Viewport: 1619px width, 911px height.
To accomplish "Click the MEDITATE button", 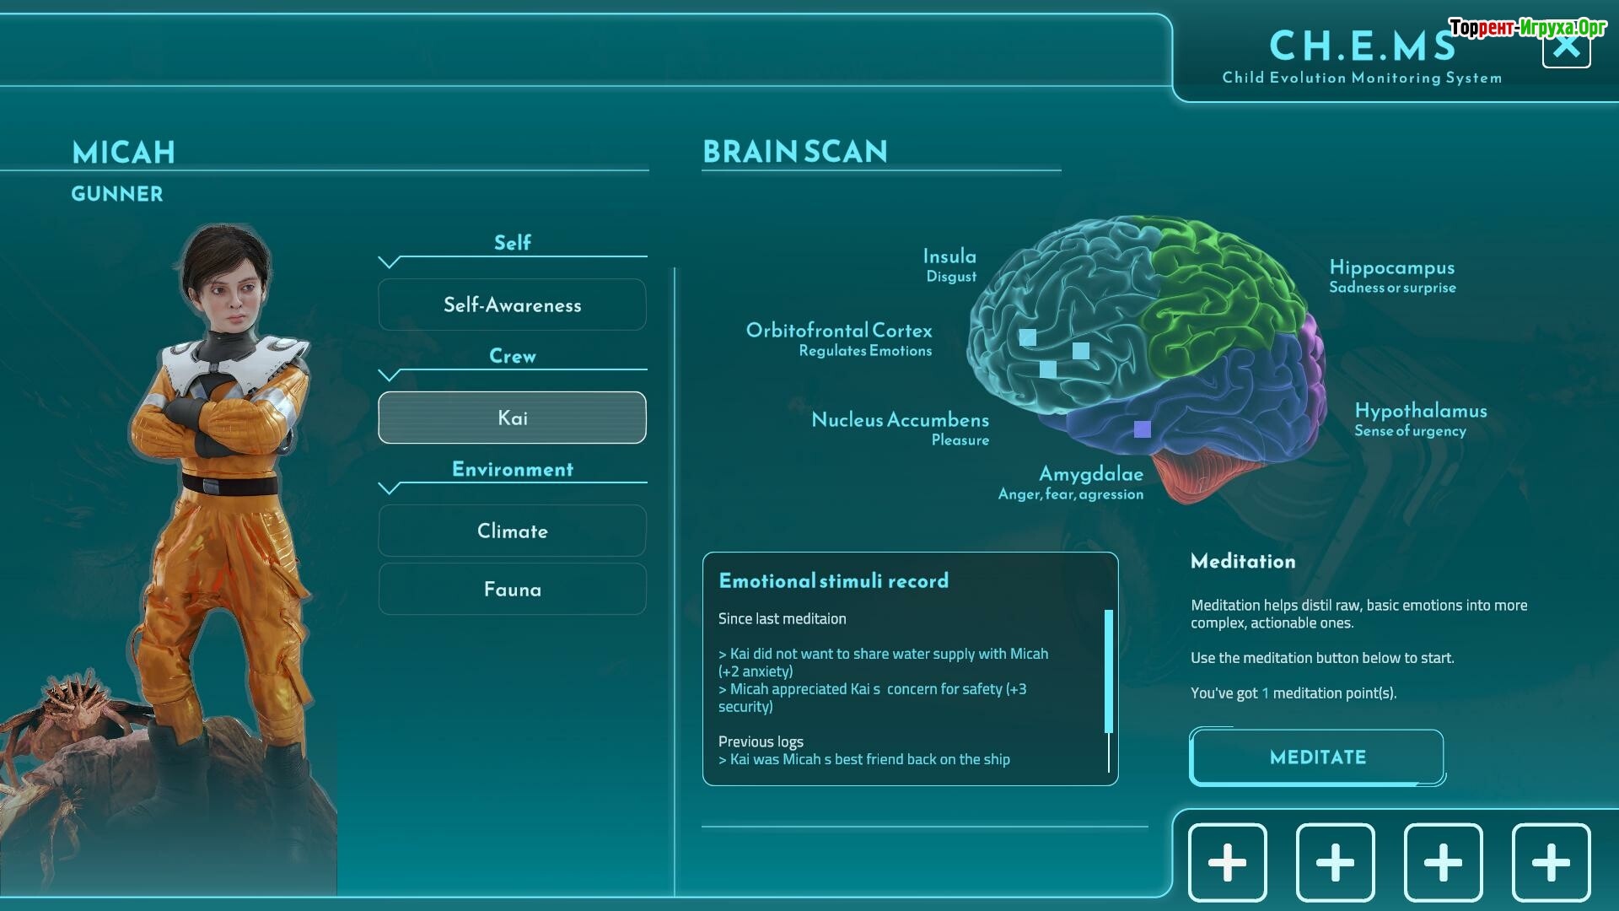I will [1316, 757].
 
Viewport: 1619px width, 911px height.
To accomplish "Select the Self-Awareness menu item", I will [512, 305].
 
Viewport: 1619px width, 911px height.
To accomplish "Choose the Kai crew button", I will [512, 418].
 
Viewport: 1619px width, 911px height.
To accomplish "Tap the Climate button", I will [512, 531].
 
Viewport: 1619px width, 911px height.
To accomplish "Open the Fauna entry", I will [512, 589].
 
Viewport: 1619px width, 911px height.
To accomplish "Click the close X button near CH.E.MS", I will [1566, 47].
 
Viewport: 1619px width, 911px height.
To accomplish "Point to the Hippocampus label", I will [1391, 268].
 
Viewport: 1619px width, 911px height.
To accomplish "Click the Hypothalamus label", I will [1420, 412].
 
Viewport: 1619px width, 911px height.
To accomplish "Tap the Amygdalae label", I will [1090, 474].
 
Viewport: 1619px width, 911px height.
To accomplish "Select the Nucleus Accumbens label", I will [900, 420].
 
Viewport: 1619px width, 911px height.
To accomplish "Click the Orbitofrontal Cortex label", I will [839, 331].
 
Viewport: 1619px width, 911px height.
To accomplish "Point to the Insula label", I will [949, 256].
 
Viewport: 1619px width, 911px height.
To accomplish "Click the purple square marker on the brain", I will [1142, 429].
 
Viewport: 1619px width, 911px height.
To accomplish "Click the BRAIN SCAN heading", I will [794, 152].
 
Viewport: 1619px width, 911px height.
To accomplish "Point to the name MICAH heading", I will [124, 153].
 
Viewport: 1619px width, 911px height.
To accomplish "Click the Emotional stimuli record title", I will [833, 580].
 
